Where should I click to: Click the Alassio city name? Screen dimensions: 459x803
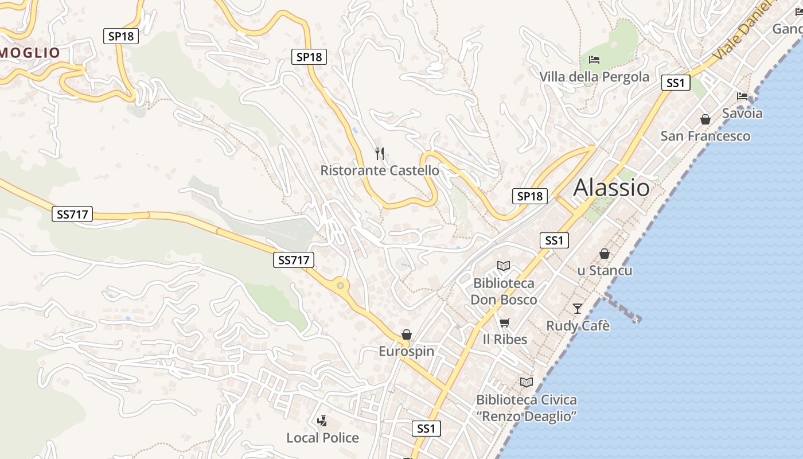tap(611, 188)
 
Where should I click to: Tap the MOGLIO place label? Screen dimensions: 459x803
tap(30, 53)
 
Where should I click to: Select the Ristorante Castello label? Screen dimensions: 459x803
tap(380, 170)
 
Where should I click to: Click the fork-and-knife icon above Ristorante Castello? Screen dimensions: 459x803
tap(379, 153)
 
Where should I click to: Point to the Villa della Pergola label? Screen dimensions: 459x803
tap(594, 77)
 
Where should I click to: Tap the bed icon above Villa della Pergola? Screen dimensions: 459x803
tap(594, 59)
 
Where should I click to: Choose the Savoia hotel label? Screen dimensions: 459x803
tap(742, 113)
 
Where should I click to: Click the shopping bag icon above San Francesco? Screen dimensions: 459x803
tap(705, 119)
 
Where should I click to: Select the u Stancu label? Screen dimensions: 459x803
tap(605, 270)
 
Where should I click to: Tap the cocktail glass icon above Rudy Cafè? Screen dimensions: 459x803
tap(578, 309)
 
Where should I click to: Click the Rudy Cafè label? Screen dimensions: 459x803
tap(578, 326)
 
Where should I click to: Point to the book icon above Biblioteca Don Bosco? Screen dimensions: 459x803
tap(504, 266)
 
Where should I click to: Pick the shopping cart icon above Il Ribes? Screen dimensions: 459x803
tap(504, 322)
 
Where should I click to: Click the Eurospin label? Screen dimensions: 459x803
tap(407, 351)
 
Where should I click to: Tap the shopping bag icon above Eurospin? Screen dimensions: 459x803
tap(407, 334)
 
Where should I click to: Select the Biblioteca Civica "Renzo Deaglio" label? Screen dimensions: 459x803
tap(527, 408)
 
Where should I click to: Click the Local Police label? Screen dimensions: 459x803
tap(322, 438)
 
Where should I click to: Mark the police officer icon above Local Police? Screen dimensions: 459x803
tap(322, 421)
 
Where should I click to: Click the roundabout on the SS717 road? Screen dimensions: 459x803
tap(341, 285)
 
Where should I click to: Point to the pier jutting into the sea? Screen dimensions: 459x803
tap(622, 308)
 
